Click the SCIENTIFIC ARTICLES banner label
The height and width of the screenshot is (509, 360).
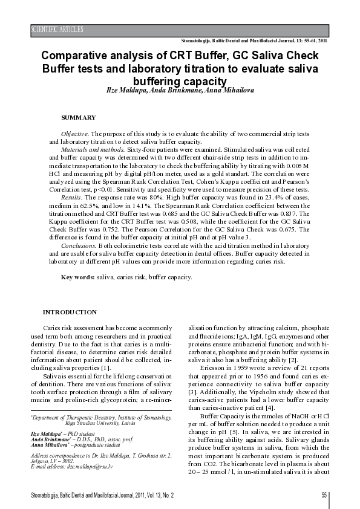pos(57,30)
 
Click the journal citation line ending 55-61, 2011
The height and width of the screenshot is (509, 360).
pos(254,41)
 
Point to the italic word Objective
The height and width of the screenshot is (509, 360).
pos(75,132)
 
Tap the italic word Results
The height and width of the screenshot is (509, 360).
pos(73,197)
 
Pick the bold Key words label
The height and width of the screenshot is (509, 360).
pos(78,277)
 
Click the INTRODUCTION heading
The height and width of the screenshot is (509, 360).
pos(70,312)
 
